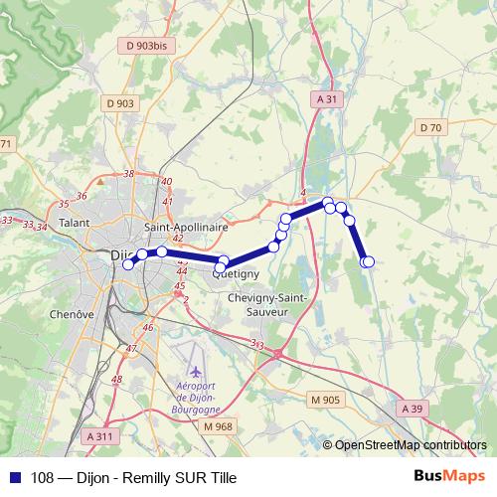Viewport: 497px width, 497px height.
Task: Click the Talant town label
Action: point(76,225)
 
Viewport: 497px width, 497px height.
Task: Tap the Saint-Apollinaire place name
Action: point(186,227)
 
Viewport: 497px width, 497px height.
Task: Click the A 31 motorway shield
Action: point(327,99)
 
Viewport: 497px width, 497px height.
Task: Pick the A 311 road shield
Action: point(100,435)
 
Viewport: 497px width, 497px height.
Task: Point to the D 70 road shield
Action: point(430,127)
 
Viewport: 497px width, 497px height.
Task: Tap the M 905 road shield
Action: point(325,400)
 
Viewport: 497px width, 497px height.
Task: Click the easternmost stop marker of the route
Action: point(369,261)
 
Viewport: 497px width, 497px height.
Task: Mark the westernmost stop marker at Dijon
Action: point(127,264)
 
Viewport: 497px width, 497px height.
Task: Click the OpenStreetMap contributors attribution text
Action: point(411,445)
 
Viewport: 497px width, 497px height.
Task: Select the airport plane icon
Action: point(181,357)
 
